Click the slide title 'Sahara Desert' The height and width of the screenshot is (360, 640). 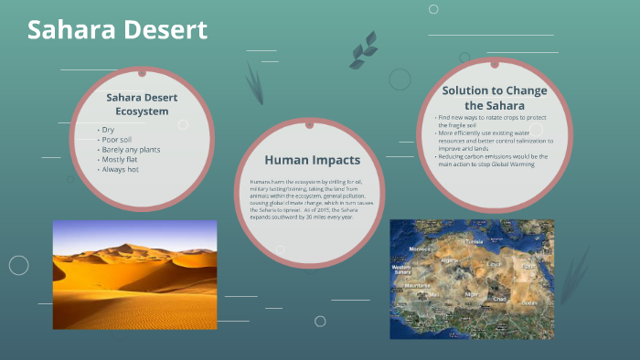click(x=117, y=29)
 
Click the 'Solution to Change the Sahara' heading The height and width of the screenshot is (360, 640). click(x=494, y=98)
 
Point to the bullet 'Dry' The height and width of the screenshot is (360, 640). click(x=109, y=130)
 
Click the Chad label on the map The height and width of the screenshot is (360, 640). click(x=499, y=298)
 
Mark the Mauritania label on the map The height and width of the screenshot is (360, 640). click(x=416, y=285)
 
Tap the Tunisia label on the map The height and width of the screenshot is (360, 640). click(x=474, y=241)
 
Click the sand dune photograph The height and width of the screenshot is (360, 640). click(x=134, y=274)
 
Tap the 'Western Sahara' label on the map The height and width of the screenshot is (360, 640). click(x=402, y=270)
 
